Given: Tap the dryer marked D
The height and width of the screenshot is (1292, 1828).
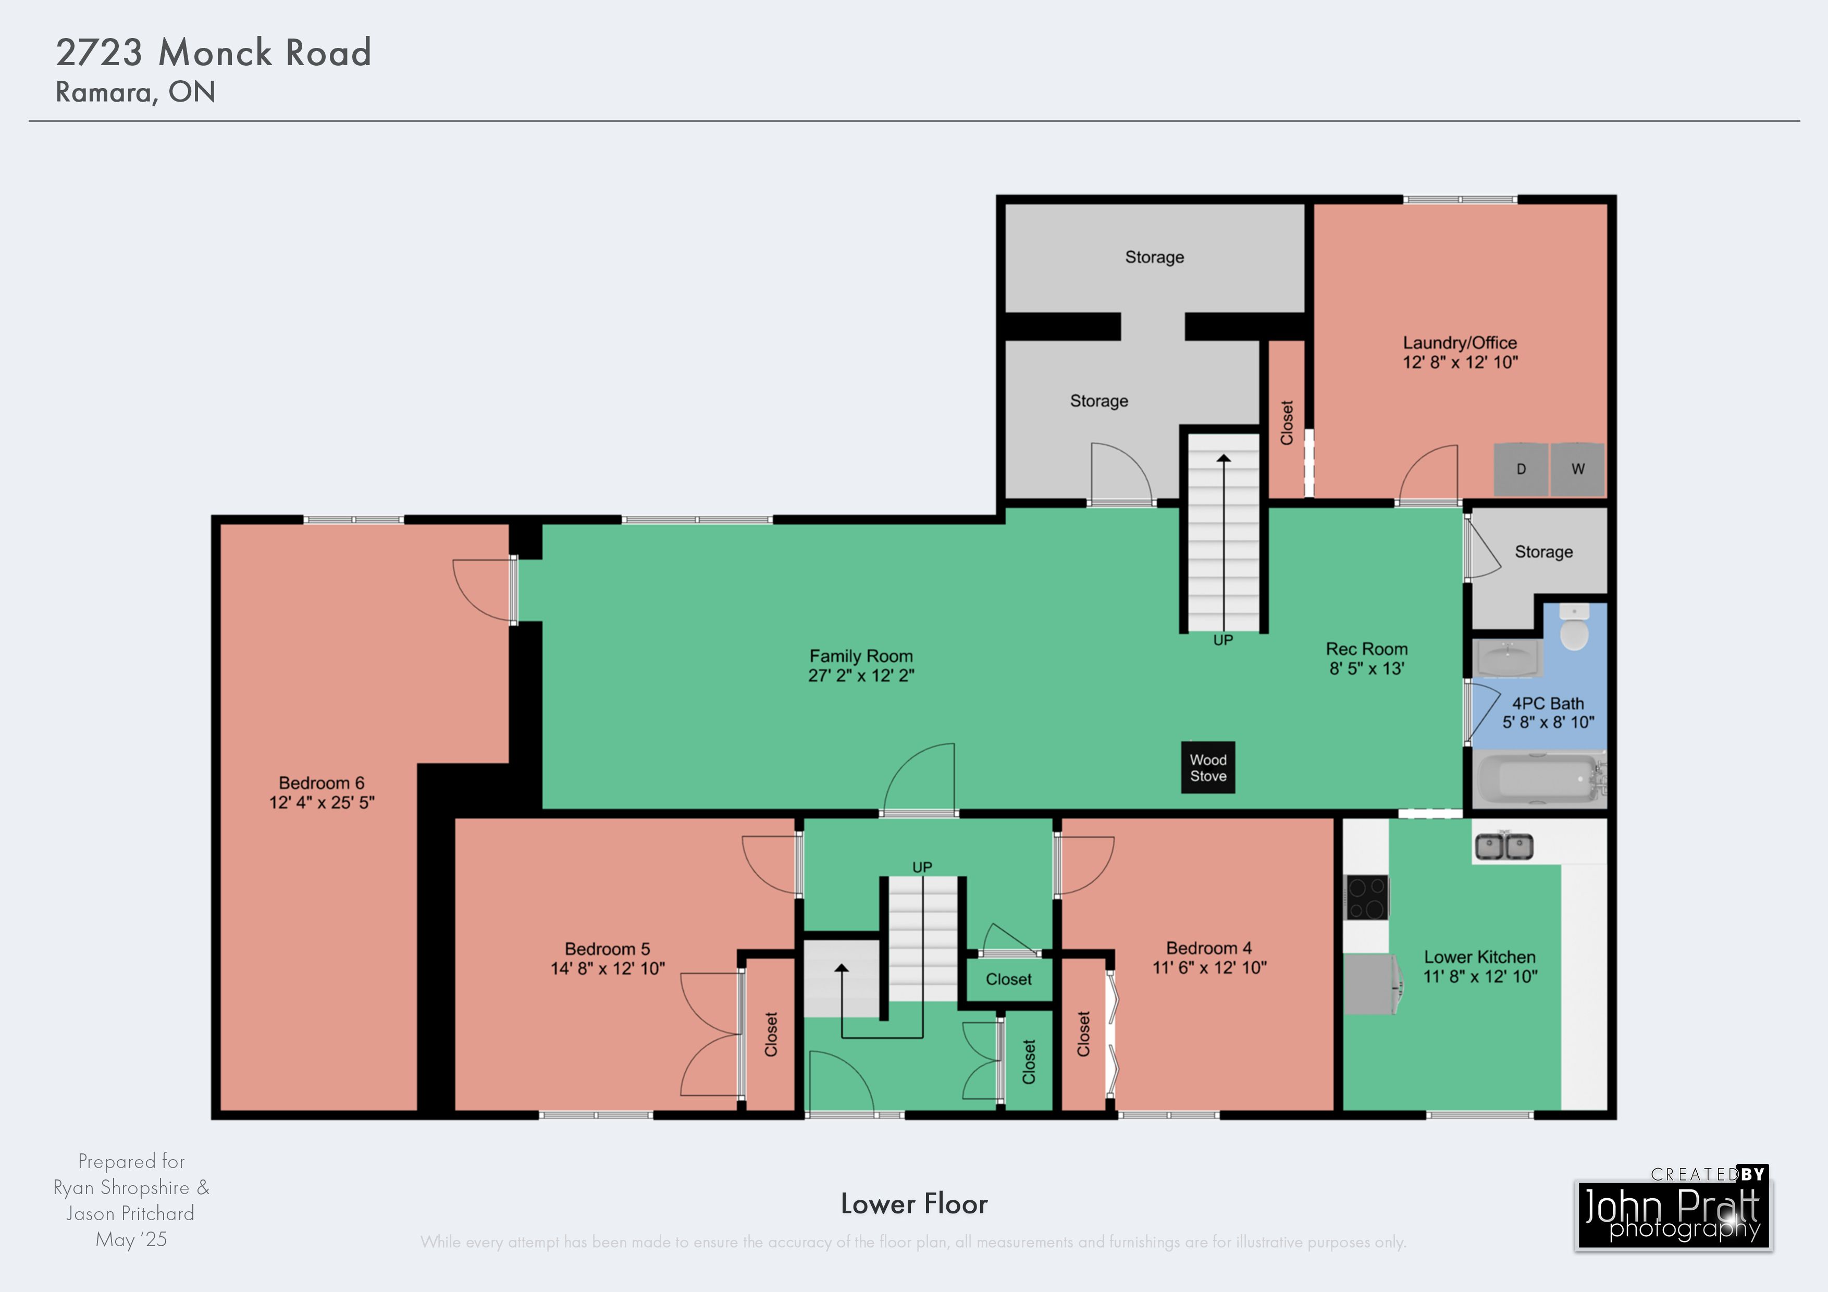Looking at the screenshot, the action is click(1521, 469).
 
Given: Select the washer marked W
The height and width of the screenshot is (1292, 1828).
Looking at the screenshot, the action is click(1577, 469).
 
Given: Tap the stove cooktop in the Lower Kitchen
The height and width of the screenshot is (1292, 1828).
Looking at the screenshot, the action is click(1366, 898).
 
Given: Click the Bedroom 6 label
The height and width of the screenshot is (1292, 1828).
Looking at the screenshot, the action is click(322, 784).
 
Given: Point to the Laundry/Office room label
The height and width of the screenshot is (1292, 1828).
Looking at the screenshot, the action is click(1460, 343).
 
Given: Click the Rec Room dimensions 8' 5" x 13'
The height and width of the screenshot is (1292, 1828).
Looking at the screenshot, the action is click(1367, 669).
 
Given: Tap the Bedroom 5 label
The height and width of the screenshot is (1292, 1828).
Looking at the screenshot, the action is click(608, 949).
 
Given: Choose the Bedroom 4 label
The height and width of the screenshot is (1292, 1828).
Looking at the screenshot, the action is click(1208, 948).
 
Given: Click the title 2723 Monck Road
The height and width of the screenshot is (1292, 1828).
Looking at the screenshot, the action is click(213, 53).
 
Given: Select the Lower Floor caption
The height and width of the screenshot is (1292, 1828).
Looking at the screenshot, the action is click(914, 1203).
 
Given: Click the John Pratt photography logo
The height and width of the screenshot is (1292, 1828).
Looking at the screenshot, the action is click(1674, 1209).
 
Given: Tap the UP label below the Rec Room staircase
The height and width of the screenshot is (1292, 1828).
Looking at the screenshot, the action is click(1223, 640).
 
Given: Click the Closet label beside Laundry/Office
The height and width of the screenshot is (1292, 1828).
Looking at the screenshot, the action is click(1287, 423).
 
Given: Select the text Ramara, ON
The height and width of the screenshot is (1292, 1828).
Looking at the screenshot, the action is click(135, 92).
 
